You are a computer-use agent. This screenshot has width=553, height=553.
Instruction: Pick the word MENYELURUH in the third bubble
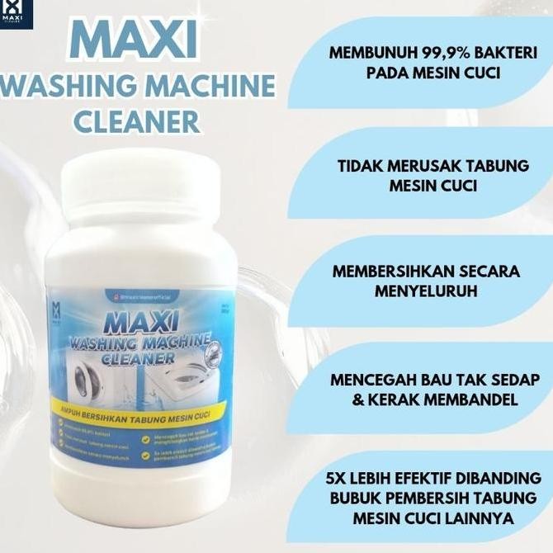[x=430, y=291]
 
